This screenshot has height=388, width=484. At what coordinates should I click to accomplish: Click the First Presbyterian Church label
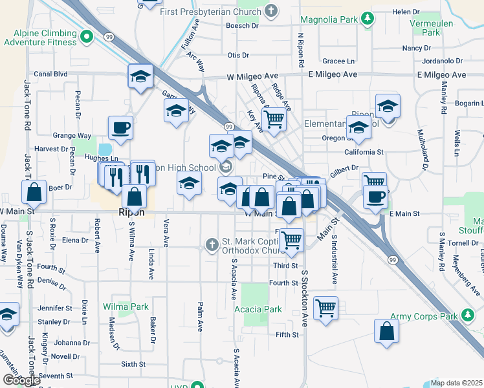[x=219, y=12]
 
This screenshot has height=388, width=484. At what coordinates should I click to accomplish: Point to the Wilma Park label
[x=125, y=307]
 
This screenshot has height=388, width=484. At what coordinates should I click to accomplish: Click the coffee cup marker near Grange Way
[x=120, y=127]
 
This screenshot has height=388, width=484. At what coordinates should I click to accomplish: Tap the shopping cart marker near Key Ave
[x=274, y=118]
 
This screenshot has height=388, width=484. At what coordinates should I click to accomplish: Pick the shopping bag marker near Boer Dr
[x=34, y=191]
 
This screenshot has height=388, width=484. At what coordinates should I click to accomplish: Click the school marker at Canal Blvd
[x=140, y=76]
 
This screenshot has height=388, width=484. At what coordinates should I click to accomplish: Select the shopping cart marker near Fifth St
[x=325, y=307]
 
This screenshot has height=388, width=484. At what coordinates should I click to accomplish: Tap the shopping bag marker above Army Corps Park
[x=386, y=330]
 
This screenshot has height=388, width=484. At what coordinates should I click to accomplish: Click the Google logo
[x=21, y=380]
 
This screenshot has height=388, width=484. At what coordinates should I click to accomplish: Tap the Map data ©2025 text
[x=456, y=383]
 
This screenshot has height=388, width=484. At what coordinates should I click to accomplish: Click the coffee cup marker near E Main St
[x=375, y=196]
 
